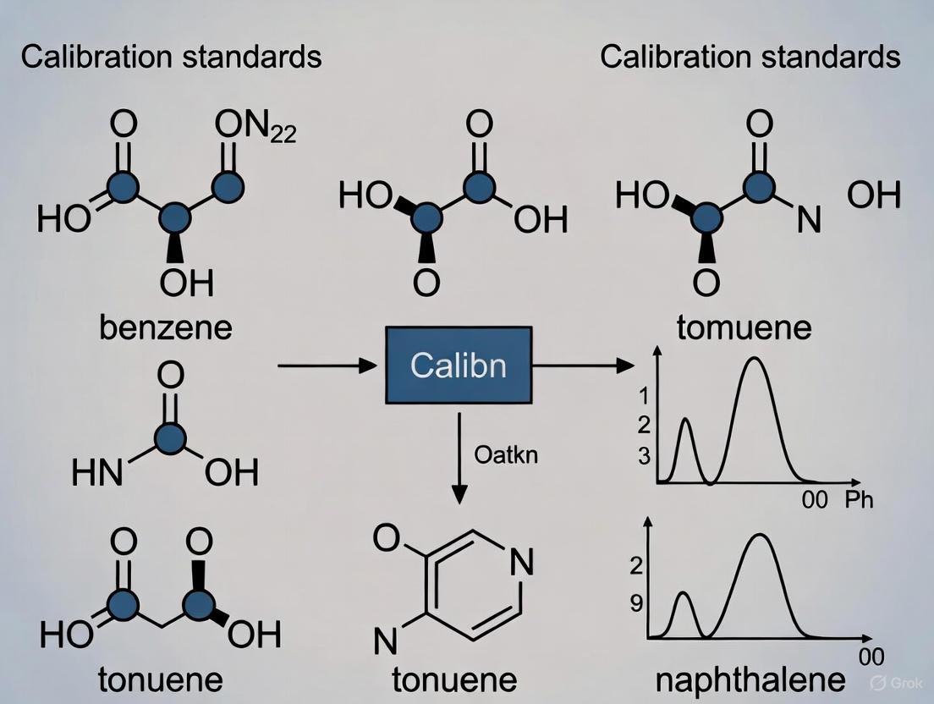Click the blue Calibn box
(459, 365)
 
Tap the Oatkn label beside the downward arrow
(505, 454)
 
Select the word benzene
(166, 327)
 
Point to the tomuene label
(744, 327)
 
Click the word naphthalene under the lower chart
(749, 679)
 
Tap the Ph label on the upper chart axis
(859, 499)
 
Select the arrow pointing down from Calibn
(459, 457)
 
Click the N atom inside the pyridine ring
(523, 564)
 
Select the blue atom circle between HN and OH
(171, 437)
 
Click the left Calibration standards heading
(171, 57)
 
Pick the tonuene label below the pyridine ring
(454, 679)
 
